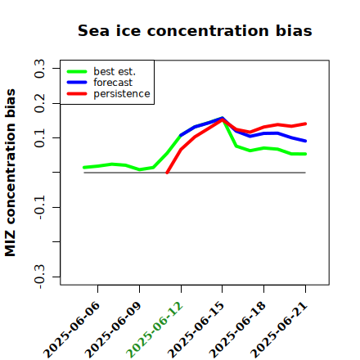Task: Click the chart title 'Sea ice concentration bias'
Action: point(195,30)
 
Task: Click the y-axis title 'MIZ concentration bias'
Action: point(11,173)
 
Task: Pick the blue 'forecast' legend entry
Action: point(100,83)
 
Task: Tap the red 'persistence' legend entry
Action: point(108,94)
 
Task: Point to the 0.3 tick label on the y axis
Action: point(39,69)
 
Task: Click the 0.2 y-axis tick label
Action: point(39,103)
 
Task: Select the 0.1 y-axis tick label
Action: point(39,138)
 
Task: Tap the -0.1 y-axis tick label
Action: point(39,208)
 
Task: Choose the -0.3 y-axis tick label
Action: point(39,277)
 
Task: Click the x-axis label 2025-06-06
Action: point(72,330)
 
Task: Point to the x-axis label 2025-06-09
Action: point(114,330)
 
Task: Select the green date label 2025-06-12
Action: point(155,330)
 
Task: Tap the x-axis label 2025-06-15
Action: point(196,330)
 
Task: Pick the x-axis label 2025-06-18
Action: point(238,330)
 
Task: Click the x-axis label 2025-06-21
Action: point(279,330)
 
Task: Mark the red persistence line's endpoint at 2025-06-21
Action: point(305,124)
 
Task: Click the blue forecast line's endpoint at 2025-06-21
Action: point(305,141)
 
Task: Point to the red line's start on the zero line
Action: point(167,173)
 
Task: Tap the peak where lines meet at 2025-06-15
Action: point(223,119)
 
